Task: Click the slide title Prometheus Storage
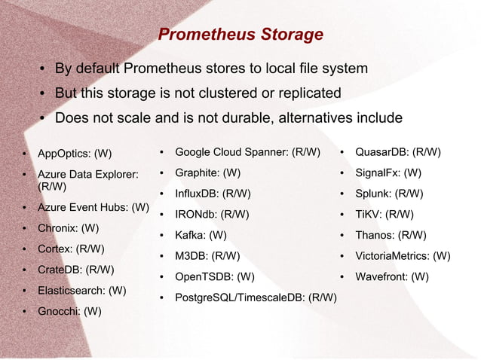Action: [x=240, y=35]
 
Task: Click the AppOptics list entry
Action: [x=74, y=154]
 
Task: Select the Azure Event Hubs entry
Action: [x=93, y=206]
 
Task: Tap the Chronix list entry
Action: [x=68, y=227]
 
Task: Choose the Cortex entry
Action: [x=71, y=249]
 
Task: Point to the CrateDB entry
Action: [x=75, y=269]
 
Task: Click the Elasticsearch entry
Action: [x=81, y=290]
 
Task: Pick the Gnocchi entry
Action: [x=69, y=310]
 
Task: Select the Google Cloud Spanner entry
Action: [x=247, y=152]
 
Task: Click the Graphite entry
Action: [x=207, y=172]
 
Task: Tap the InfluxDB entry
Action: [x=213, y=194]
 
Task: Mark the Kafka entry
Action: [x=201, y=235]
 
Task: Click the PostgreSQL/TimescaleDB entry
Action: [x=256, y=297]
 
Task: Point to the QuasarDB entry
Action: [x=397, y=152]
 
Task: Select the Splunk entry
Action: [x=389, y=194]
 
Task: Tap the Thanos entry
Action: [x=391, y=235]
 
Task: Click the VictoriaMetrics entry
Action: [x=403, y=256]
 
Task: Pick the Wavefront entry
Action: [x=392, y=276]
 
